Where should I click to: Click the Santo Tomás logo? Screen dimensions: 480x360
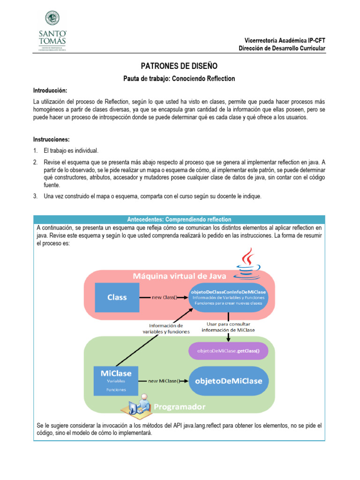(x=52, y=30)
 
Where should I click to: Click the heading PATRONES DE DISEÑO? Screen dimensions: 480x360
(x=180, y=67)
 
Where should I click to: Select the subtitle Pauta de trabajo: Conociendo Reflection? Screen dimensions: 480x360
(x=180, y=79)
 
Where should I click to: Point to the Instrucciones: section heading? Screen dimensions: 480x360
(x=51, y=139)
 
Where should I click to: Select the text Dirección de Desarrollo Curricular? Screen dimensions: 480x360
(x=282, y=49)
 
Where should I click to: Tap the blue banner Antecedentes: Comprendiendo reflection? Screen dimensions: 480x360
(x=180, y=219)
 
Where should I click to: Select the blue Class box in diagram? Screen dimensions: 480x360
(x=117, y=297)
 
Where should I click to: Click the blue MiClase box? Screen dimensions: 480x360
(x=116, y=380)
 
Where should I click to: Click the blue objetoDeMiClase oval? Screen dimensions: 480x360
(x=229, y=381)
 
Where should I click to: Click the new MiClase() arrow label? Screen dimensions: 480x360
(x=164, y=381)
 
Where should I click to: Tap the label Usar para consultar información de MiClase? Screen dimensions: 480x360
(x=228, y=327)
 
